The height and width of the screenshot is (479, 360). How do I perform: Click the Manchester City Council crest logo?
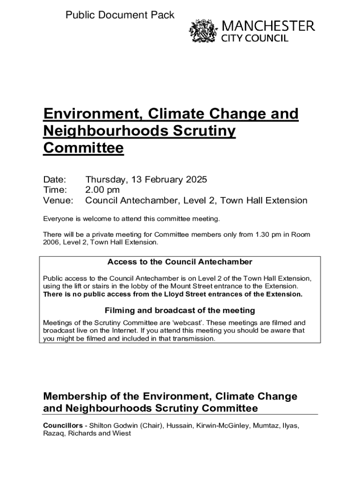tap(203, 32)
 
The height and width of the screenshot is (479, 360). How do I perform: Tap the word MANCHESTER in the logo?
tap(268, 26)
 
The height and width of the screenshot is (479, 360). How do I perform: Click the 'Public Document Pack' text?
tap(120, 15)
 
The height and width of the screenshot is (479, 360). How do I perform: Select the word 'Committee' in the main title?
tap(83, 148)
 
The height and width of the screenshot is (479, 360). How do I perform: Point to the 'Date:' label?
tap(55, 180)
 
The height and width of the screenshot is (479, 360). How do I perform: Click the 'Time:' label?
tap(55, 190)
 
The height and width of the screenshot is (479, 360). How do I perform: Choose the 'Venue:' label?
tap(58, 201)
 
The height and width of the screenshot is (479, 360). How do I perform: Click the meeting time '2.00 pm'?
tap(102, 190)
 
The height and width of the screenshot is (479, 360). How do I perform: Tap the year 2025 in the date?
tap(196, 180)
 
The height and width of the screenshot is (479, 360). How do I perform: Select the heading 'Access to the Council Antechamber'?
tap(180, 261)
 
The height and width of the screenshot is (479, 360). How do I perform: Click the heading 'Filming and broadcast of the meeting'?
tap(180, 310)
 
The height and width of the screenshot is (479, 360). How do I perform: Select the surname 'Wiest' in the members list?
tap(122, 433)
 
